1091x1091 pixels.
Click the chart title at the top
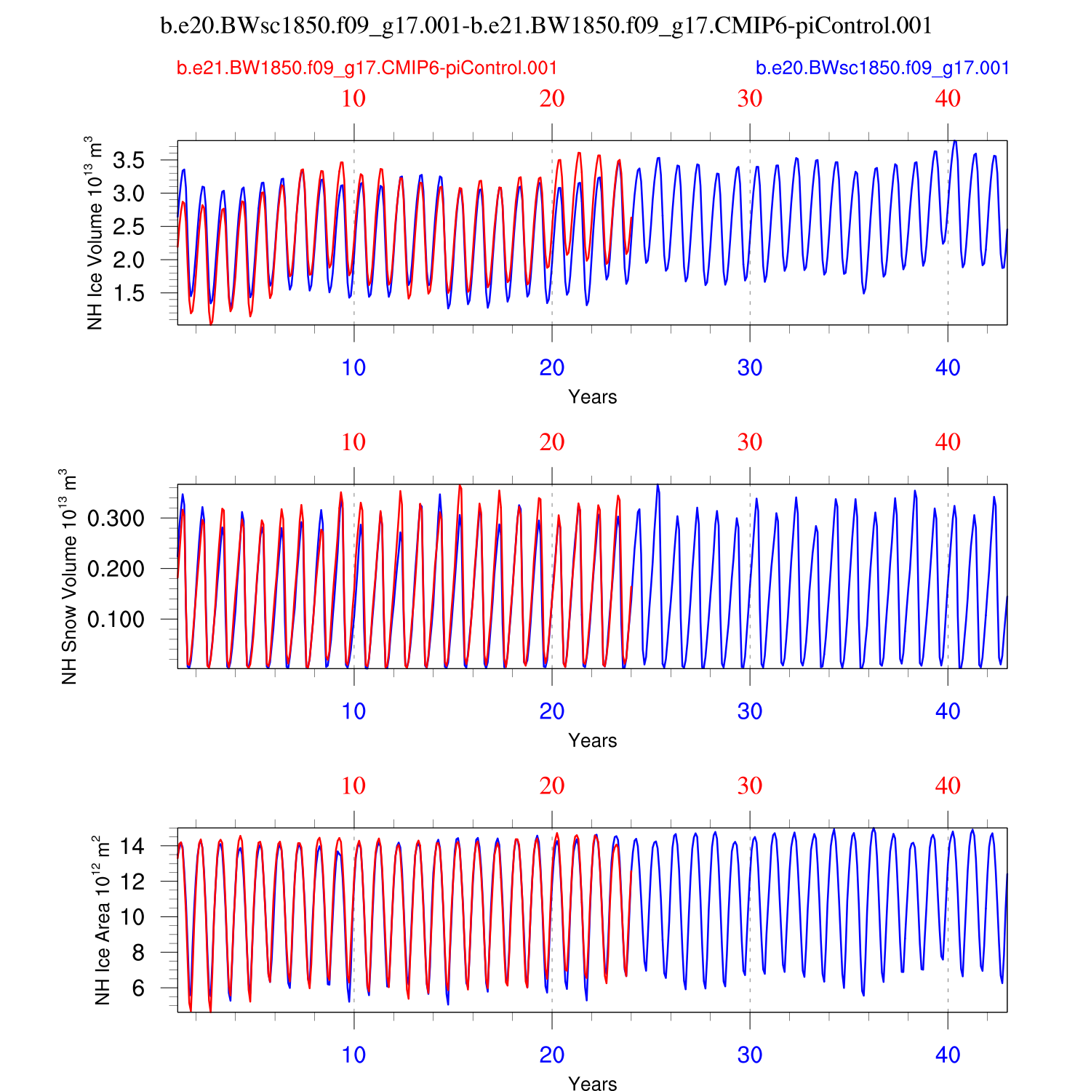[x=545, y=26]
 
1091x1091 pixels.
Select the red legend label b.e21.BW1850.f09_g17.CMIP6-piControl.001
[x=367, y=68]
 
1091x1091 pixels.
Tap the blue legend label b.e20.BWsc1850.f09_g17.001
[x=882, y=68]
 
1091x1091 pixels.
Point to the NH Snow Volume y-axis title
[x=68, y=576]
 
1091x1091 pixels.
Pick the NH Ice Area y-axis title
[x=102, y=920]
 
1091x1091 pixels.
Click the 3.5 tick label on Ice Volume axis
[x=128, y=161]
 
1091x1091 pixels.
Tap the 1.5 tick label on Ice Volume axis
[x=128, y=293]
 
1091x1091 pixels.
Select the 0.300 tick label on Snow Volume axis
[x=116, y=519]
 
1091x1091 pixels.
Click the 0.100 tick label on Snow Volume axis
[x=116, y=620]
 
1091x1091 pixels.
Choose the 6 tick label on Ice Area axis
[x=138, y=988]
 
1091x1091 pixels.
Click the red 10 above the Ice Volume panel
[x=353, y=99]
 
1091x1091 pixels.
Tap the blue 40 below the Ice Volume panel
[x=948, y=368]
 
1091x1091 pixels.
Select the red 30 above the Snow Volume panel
[x=750, y=442]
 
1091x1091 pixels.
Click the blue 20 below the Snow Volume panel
[x=552, y=711]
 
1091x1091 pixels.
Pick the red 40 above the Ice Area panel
[x=948, y=786]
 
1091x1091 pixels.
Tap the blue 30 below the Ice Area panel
[x=750, y=1055]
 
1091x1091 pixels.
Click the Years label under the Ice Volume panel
[x=593, y=397]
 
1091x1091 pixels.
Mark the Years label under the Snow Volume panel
[x=593, y=740]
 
